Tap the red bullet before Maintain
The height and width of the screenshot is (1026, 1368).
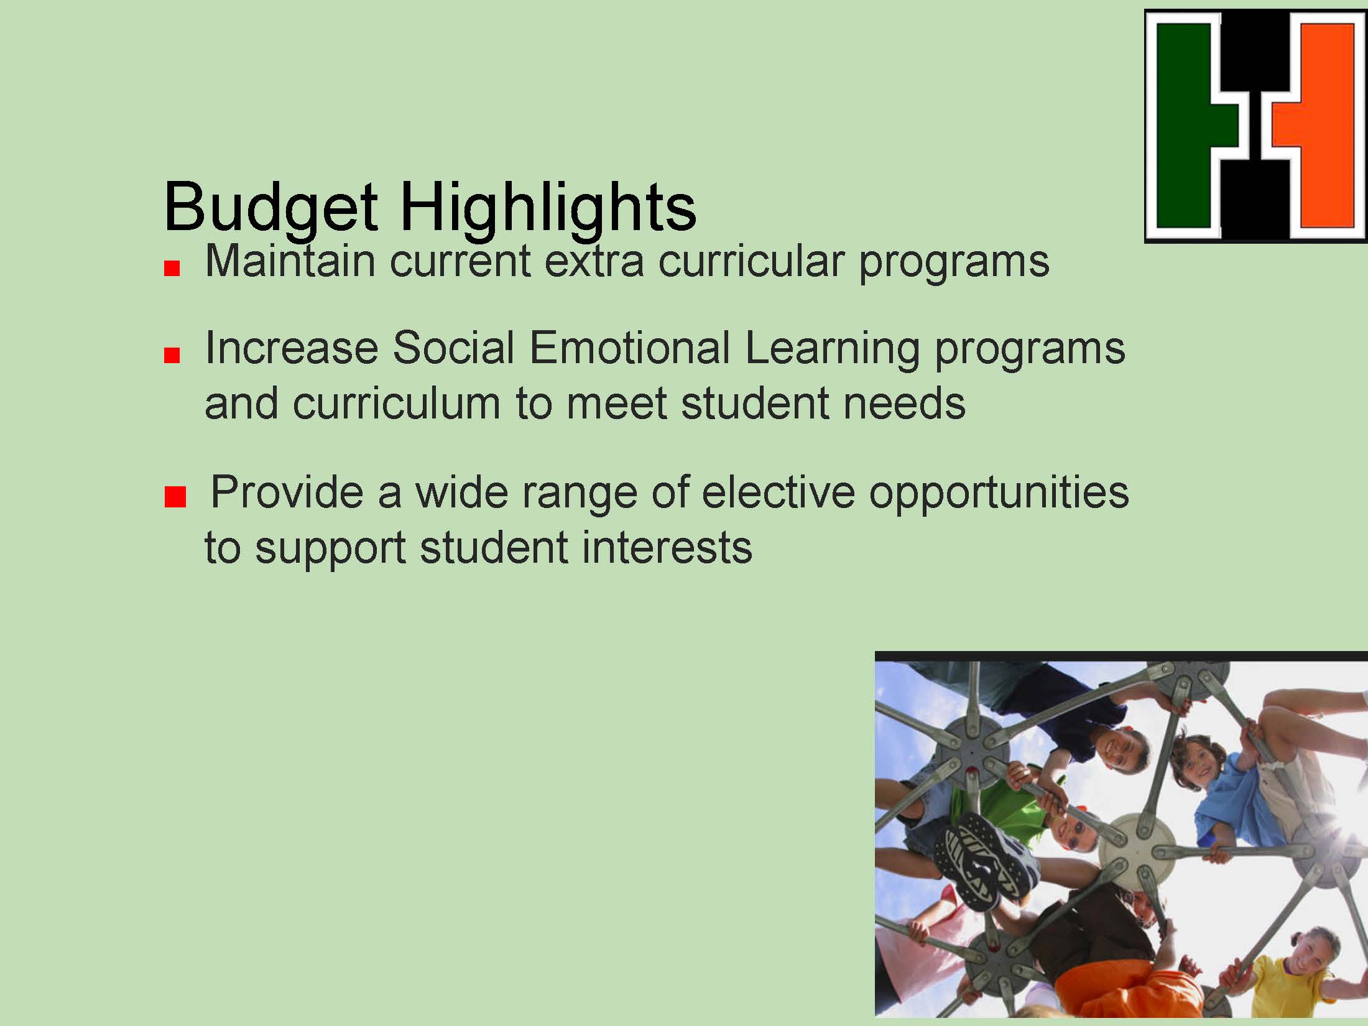click(x=172, y=268)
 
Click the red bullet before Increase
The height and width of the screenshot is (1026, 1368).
click(x=172, y=355)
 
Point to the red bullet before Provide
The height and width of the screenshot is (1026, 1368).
click(x=175, y=498)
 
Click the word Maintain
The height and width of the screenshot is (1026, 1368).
click(x=290, y=261)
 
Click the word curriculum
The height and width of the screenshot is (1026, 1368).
click(x=396, y=403)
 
